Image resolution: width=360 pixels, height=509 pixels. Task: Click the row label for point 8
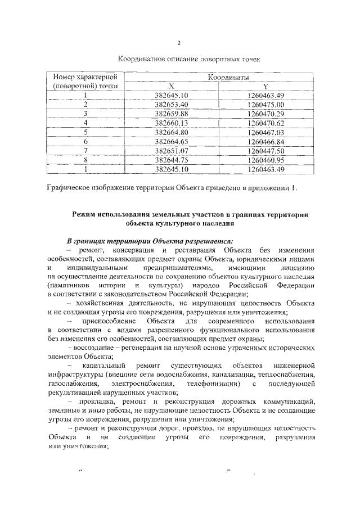(85, 159)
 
